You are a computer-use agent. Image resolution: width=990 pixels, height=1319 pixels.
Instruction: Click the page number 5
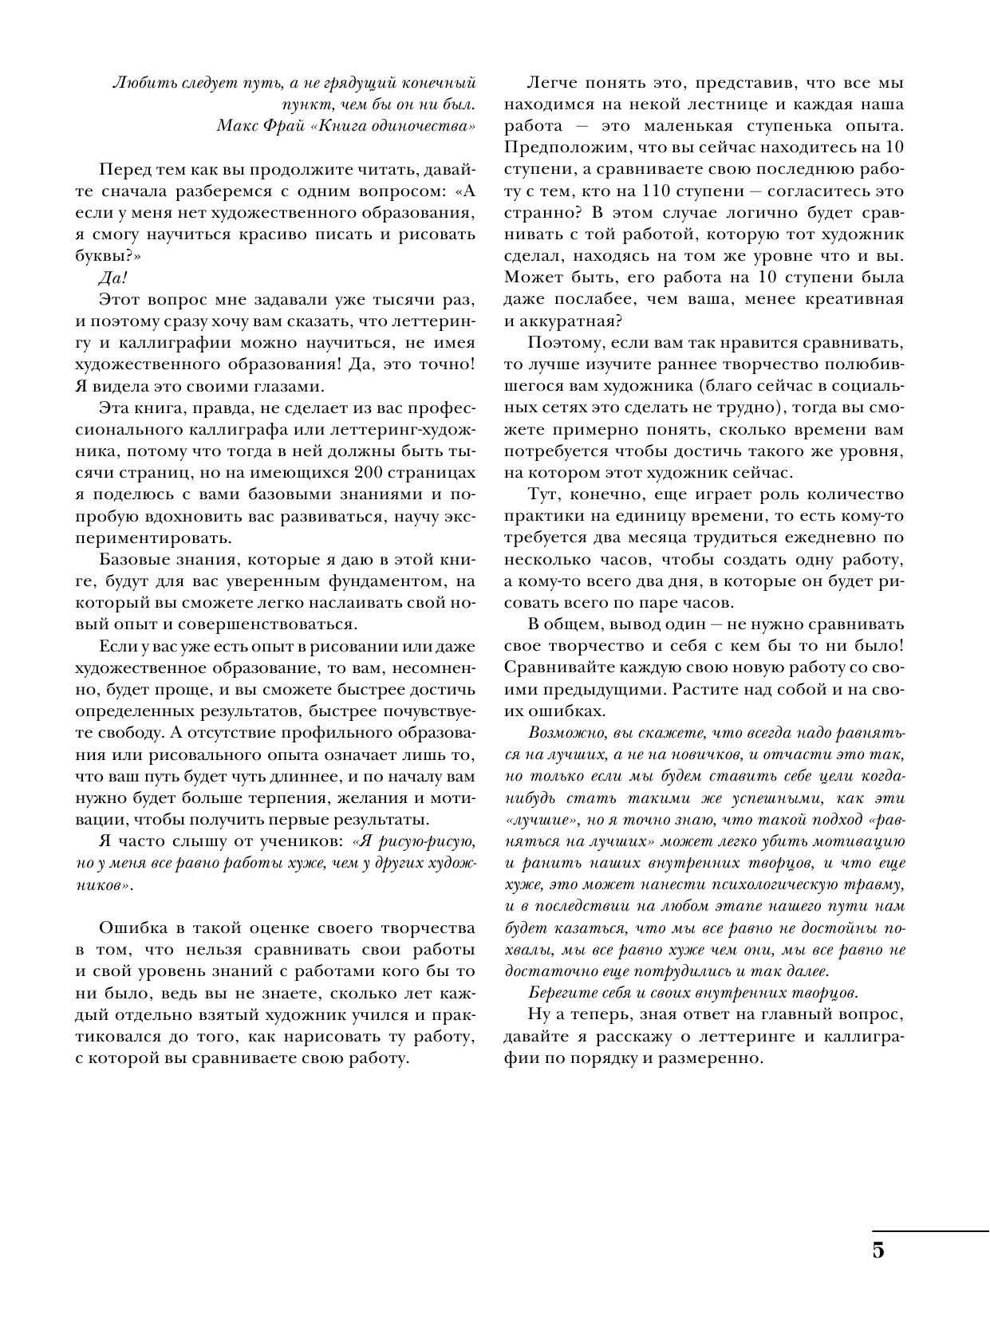(878, 1250)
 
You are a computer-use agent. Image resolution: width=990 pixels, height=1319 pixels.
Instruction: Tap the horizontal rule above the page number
(929, 1232)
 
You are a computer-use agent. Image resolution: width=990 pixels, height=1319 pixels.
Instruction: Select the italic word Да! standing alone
(112, 278)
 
